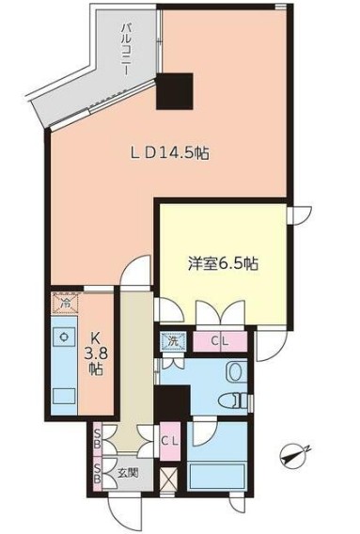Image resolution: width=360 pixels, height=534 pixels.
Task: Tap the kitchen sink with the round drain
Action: click(x=64, y=336)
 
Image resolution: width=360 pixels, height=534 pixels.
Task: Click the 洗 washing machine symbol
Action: click(x=173, y=341)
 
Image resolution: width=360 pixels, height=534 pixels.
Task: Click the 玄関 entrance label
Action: click(x=127, y=474)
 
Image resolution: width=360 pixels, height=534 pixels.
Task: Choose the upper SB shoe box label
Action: click(x=99, y=440)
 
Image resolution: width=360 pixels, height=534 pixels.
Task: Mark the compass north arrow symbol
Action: click(x=294, y=458)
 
